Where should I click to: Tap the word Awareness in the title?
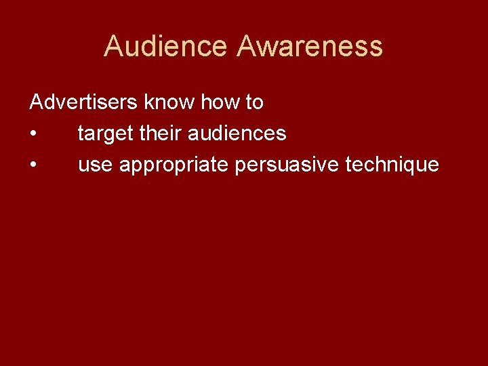click(x=310, y=47)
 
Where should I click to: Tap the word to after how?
click(x=254, y=103)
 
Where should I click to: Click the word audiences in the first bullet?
click(x=237, y=134)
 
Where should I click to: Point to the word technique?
click(x=392, y=165)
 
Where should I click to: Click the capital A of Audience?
click(x=113, y=47)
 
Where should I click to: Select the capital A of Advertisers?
click(x=37, y=103)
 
